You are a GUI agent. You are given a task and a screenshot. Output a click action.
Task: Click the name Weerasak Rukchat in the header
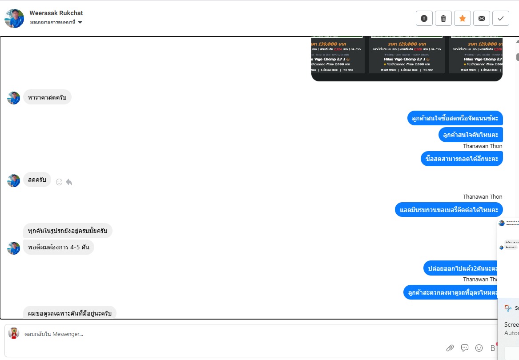56,13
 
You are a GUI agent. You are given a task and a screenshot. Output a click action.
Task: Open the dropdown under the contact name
80,22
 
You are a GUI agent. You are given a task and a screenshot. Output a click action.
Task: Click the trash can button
443,18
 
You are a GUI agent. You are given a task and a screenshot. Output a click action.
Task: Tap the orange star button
463,18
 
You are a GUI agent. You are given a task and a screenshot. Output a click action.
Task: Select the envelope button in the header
482,18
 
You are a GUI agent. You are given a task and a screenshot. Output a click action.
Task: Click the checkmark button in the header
501,18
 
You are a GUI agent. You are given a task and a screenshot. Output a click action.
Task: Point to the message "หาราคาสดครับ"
47,97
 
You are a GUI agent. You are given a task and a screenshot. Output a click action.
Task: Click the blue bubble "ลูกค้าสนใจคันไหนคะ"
471,135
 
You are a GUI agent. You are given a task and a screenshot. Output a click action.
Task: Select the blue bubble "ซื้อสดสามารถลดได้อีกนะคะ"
462,159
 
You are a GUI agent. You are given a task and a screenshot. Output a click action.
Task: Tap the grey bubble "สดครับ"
37,180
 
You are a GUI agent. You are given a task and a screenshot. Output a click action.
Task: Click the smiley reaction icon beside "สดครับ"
59,182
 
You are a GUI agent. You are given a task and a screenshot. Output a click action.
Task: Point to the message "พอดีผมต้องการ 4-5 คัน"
58,247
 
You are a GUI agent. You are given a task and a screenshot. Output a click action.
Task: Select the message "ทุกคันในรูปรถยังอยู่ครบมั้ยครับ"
68,231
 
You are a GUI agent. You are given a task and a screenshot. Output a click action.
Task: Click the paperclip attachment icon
450,348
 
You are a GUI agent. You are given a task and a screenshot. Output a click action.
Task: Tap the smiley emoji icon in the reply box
479,348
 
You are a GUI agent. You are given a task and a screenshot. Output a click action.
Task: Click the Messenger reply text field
222,334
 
